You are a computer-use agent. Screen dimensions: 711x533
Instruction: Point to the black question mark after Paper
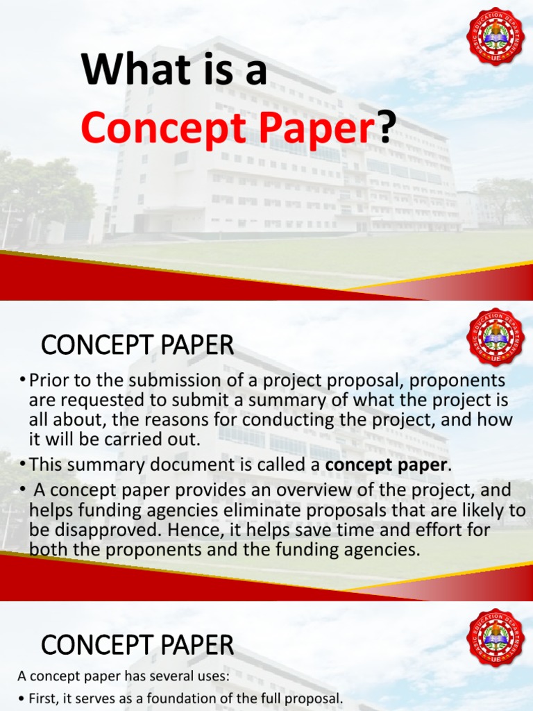pyautogui.click(x=387, y=127)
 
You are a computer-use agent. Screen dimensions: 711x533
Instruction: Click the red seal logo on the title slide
pyautogui.click(x=496, y=35)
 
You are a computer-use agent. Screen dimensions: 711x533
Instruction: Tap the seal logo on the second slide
pyautogui.click(x=496, y=337)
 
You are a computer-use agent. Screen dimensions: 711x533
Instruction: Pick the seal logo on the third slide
pyautogui.click(x=496, y=637)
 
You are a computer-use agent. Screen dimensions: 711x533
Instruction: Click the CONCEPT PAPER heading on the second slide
pyautogui.click(x=137, y=344)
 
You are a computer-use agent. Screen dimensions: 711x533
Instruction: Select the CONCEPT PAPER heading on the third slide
pyautogui.click(x=137, y=646)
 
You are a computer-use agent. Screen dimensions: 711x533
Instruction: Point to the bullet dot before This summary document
pyautogui.click(x=23, y=463)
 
